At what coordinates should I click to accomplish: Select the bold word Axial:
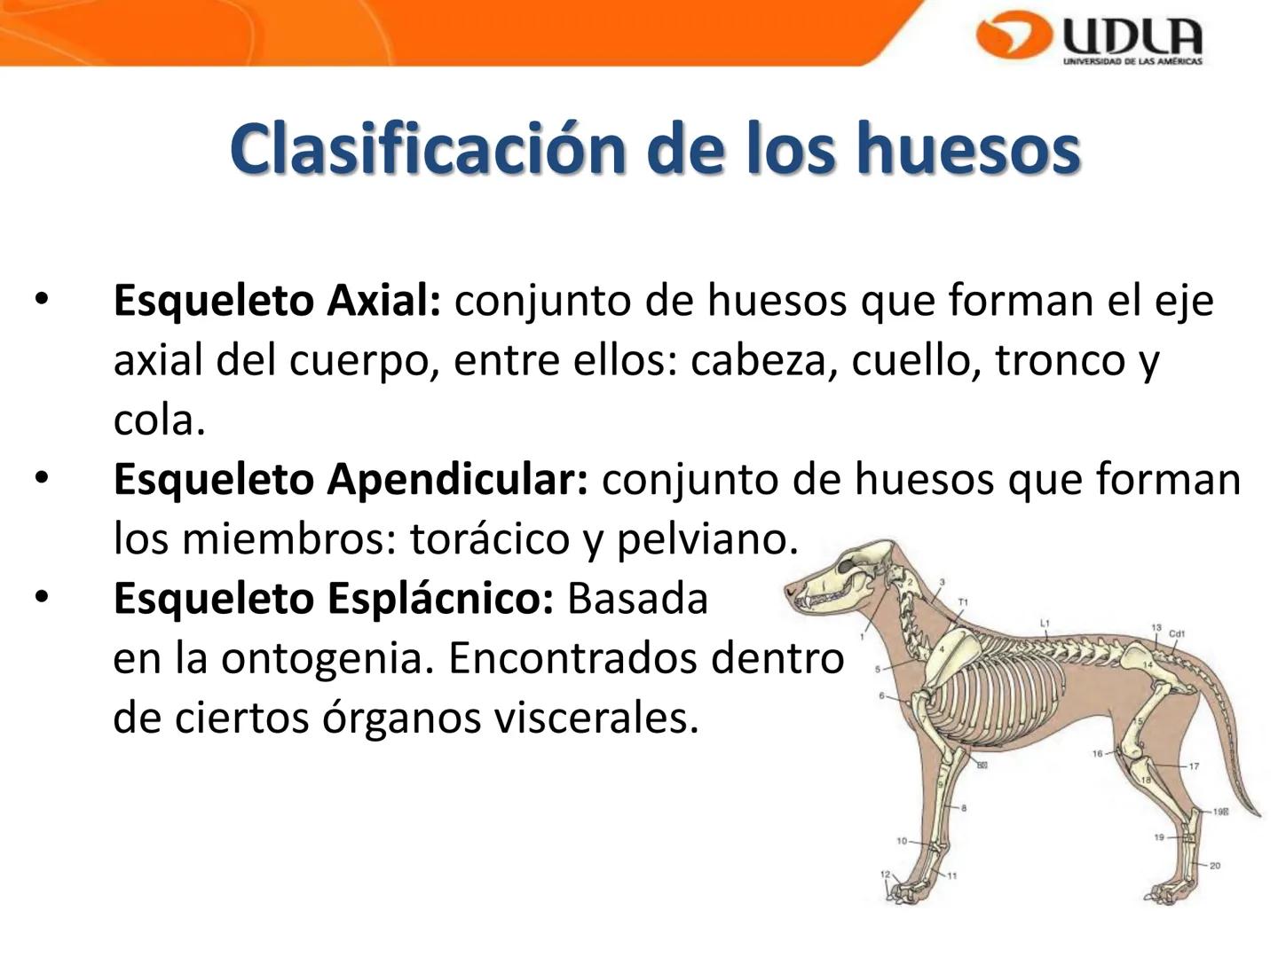pyautogui.click(x=383, y=301)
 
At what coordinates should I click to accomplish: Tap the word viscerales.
pyautogui.click(x=596, y=718)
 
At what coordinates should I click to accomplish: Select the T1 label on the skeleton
pyautogui.click(x=963, y=602)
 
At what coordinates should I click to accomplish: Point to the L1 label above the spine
pyautogui.click(x=1045, y=624)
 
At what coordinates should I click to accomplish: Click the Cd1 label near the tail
pyautogui.click(x=1177, y=633)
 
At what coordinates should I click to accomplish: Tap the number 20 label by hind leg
pyautogui.click(x=1214, y=866)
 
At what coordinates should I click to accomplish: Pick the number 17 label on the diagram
pyautogui.click(x=1194, y=766)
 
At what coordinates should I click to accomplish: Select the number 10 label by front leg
pyautogui.click(x=902, y=840)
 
